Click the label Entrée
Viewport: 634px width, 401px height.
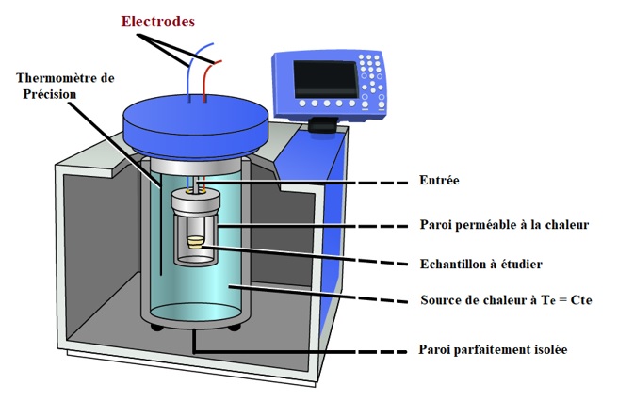pos(438,180)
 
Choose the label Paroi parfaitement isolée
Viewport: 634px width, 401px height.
pos(493,350)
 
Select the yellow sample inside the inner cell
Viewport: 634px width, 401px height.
pos(195,242)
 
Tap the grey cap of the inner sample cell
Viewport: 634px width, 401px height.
pos(195,200)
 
